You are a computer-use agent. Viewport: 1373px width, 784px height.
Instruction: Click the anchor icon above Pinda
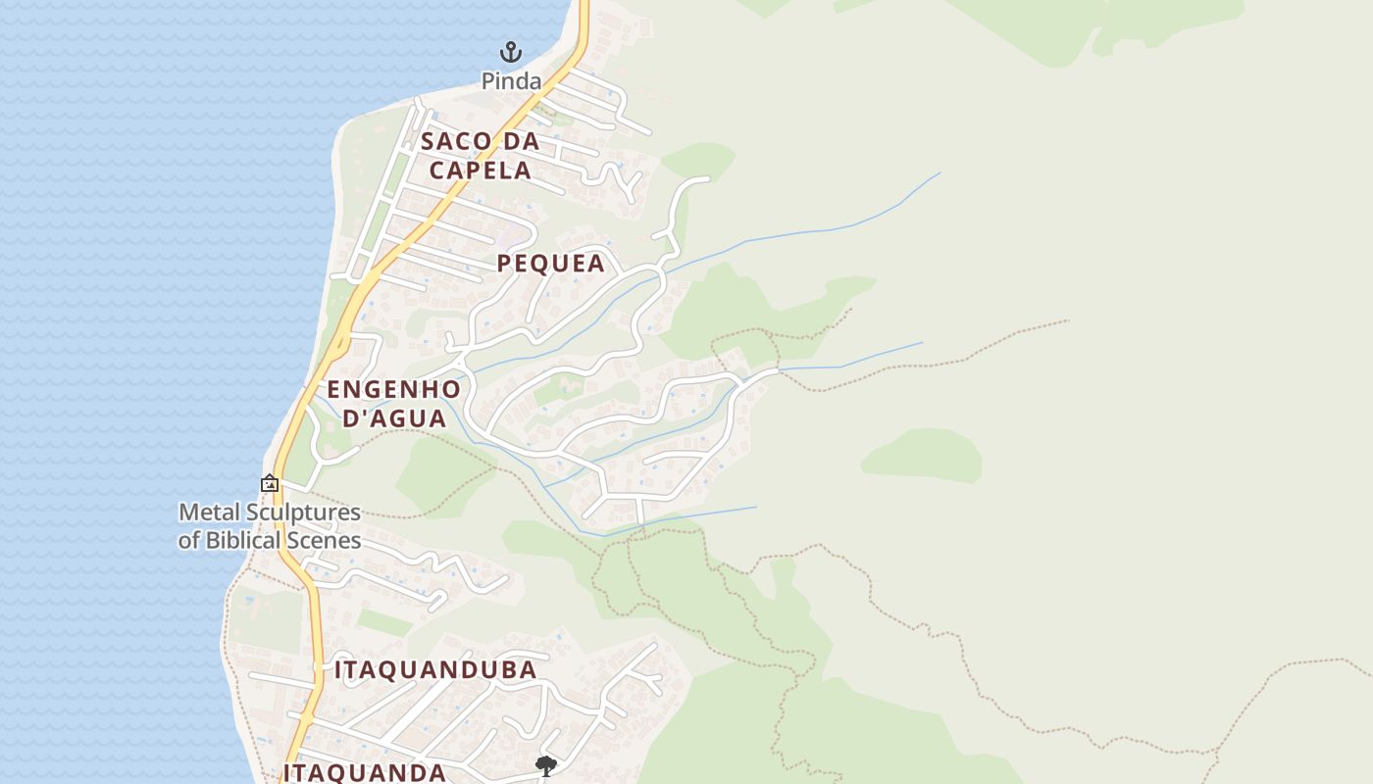510,52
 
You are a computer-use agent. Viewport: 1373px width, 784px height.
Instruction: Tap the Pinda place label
511,81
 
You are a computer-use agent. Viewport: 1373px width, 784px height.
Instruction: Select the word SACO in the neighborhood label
456,142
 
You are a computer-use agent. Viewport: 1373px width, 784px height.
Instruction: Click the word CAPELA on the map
481,171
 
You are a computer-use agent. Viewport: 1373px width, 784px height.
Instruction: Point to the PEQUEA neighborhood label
550,264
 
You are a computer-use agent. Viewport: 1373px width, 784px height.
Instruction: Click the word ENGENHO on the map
393,389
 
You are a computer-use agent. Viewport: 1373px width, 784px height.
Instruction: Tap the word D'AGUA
393,418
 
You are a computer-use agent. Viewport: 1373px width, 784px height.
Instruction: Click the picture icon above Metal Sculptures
269,483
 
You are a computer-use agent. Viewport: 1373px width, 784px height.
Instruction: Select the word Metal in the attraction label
207,513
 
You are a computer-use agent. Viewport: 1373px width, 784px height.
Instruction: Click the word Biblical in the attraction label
241,540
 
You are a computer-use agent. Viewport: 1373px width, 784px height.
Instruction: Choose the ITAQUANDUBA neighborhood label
435,670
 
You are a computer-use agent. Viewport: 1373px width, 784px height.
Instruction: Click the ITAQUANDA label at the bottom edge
365,772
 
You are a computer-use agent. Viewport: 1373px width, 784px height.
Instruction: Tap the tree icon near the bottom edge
546,765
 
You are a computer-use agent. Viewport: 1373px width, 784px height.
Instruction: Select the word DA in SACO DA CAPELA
522,142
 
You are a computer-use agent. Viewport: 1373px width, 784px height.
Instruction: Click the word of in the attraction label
189,540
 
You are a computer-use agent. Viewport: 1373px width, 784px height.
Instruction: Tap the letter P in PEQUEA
505,264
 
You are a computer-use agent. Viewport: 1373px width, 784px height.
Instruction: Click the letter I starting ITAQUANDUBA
339,670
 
